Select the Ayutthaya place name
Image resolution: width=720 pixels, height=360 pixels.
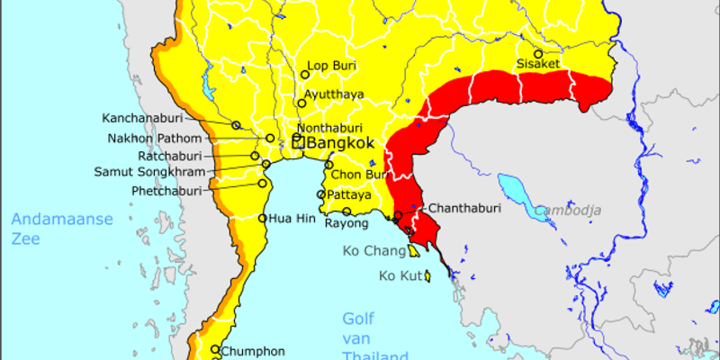pos(334,94)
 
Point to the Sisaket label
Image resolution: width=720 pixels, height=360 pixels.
pos(539,64)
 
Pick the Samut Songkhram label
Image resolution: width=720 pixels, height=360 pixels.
pos(149,172)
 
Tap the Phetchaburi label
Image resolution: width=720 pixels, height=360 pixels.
pos(168,191)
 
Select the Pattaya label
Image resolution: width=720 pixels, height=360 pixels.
pos(350,194)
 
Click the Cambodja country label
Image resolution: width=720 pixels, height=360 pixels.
pos(567,210)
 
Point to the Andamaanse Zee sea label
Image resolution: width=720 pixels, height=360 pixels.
pos(62,228)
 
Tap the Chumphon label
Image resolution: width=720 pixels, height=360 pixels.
pos(253,351)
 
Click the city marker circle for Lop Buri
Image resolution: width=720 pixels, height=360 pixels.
pos(305,75)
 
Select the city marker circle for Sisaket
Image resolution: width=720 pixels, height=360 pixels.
pos(539,53)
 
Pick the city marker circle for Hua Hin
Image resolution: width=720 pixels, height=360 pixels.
pos(263,218)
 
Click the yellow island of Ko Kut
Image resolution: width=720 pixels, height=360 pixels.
pos(429,275)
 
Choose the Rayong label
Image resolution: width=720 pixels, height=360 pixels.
pos(346,223)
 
